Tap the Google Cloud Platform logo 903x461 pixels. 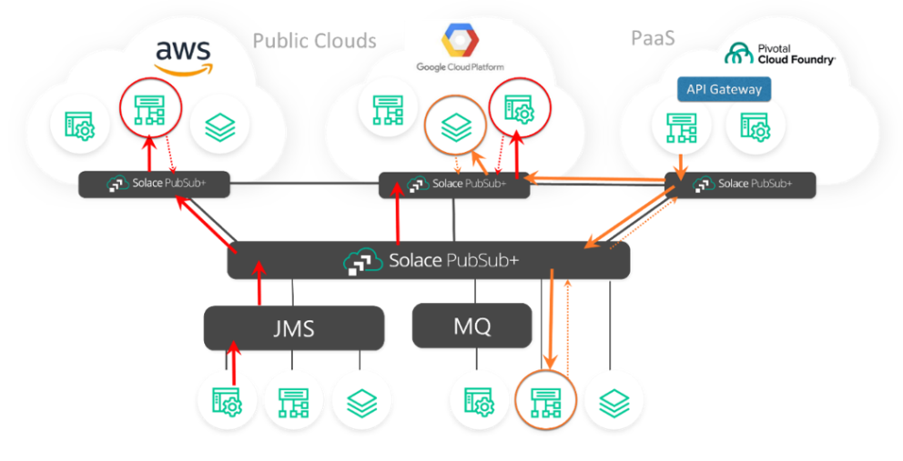(x=460, y=50)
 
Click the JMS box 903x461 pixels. (x=293, y=327)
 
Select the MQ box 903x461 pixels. (x=472, y=326)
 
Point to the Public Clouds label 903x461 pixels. (x=314, y=41)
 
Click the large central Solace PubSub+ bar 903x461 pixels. (x=429, y=261)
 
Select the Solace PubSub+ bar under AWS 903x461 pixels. (x=154, y=184)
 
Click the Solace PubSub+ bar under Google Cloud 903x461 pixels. (x=454, y=184)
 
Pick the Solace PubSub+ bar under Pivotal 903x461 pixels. (x=740, y=184)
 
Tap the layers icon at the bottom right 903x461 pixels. (x=614, y=399)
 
